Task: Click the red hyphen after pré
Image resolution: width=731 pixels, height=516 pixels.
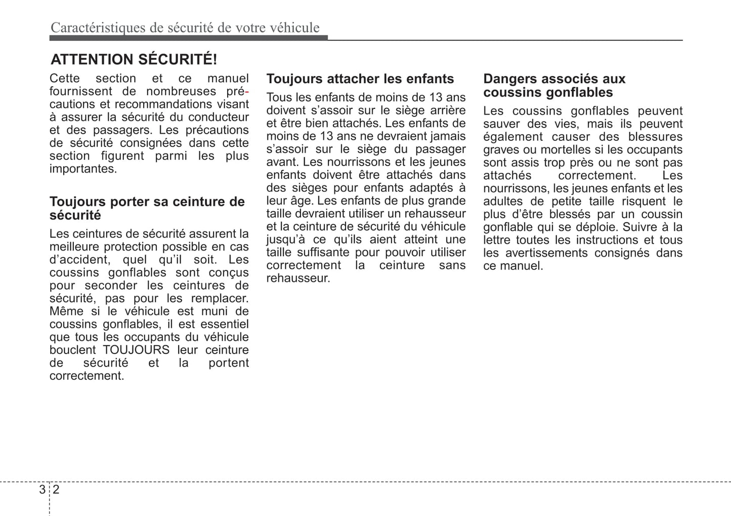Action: click(x=247, y=92)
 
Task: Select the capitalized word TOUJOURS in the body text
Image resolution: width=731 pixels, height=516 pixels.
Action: click(x=136, y=350)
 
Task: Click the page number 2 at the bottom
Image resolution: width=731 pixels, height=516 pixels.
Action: click(x=56, y=489)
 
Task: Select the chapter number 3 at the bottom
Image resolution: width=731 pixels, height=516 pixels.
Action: click(x=42, y=489)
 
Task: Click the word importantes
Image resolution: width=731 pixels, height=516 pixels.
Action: click(x=83, y=169)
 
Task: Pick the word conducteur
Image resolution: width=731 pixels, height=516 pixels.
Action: click(x=219, y=117)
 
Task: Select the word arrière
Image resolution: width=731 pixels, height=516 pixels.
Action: click(x=448, y=110)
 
